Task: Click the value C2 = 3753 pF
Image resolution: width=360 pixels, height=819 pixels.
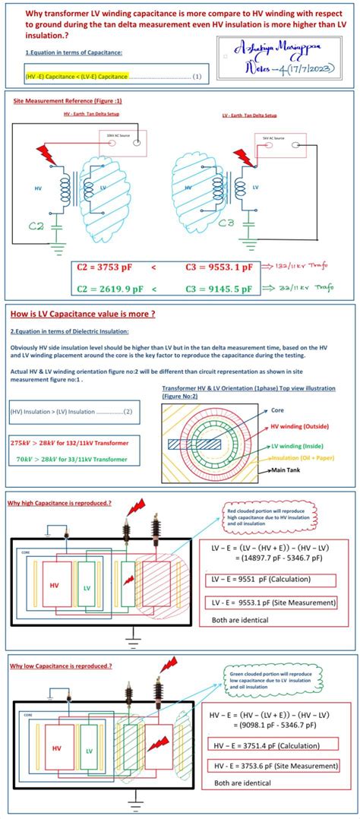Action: tap(108, 267)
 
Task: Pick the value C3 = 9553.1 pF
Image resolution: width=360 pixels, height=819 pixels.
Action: tap(219, 267)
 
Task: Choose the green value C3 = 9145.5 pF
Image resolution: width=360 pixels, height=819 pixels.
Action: tap(219, 288)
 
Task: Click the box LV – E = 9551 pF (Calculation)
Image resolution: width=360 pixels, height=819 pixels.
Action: tap(271, 580)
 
